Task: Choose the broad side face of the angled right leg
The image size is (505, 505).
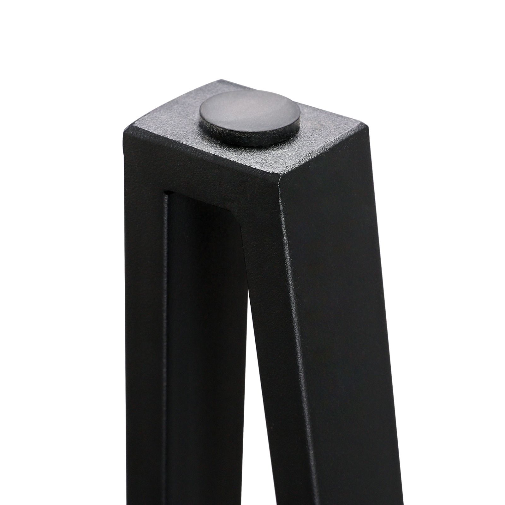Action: (x=341, y=316)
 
